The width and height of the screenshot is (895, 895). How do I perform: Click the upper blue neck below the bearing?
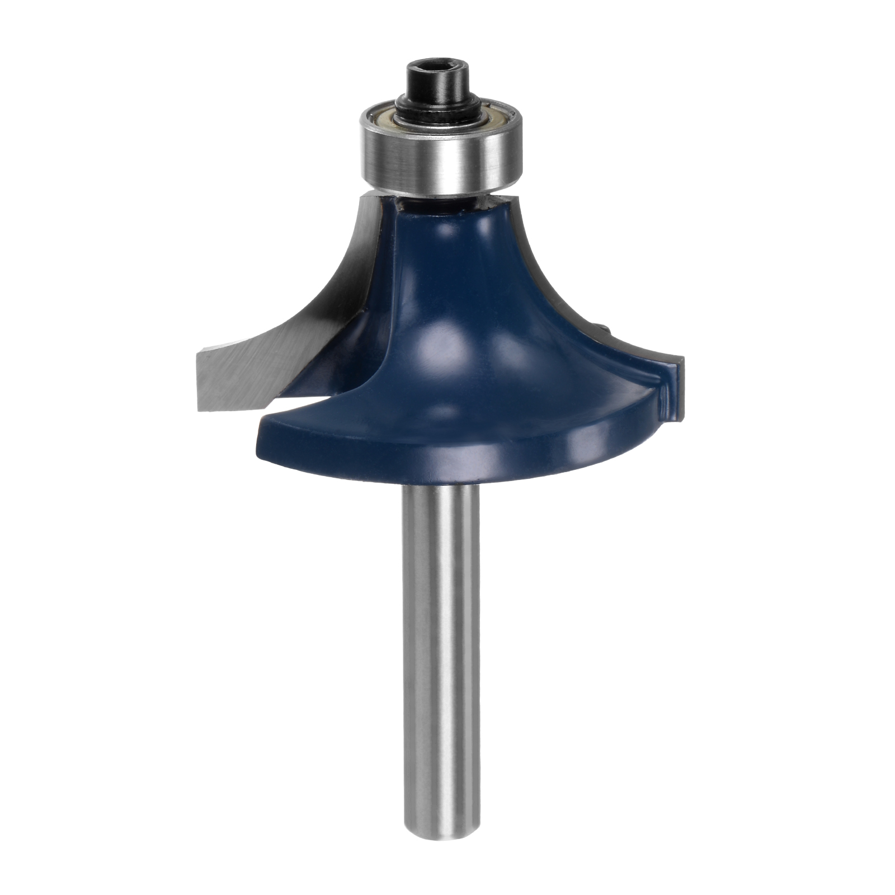tap(442, 235)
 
